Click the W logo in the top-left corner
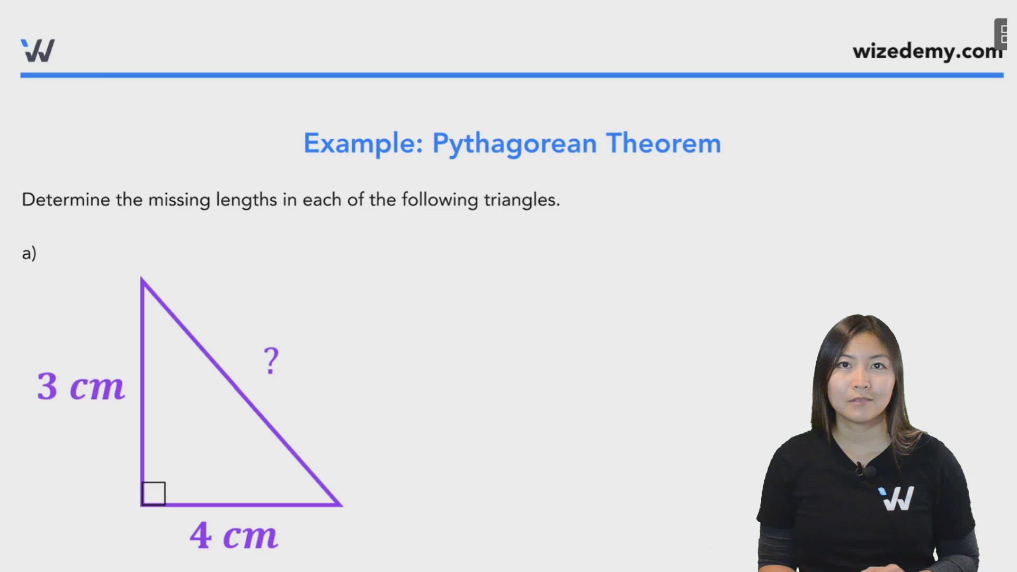(38, 51)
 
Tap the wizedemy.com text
(927, 51)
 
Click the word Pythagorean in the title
(514, 144)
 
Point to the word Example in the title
(363, 144)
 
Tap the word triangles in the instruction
(521, 200)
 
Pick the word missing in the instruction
(179, 200)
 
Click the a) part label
(29, 253)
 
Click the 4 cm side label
(234, 535)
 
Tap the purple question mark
(271, 361)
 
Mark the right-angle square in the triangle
(154, 493)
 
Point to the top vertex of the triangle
(142, 279)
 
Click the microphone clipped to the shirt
(861, 469)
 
